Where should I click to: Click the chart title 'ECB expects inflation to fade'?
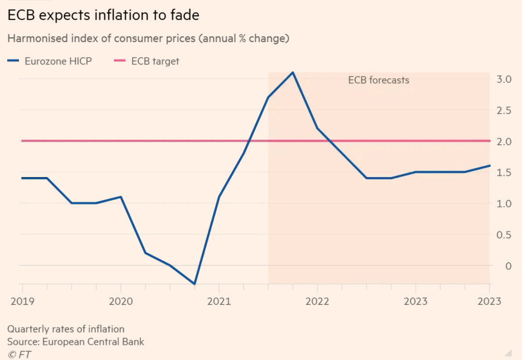tap(103, 15)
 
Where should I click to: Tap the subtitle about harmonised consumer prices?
tap(148, 39)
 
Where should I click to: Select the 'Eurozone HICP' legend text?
tap(58, 61)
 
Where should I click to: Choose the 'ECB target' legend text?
tap(155, 61)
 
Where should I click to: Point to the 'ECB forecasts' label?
tap(378, 80)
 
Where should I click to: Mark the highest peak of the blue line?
tap(293, 73)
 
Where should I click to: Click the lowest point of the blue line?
tap(194, 284)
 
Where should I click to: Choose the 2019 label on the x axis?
tap(22, 301)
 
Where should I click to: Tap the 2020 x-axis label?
tap(120, 301)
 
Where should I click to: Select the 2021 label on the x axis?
tap(219, 301)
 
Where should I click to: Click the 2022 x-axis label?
tap(317, 301)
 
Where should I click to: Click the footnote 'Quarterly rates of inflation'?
tap(65, 329)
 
